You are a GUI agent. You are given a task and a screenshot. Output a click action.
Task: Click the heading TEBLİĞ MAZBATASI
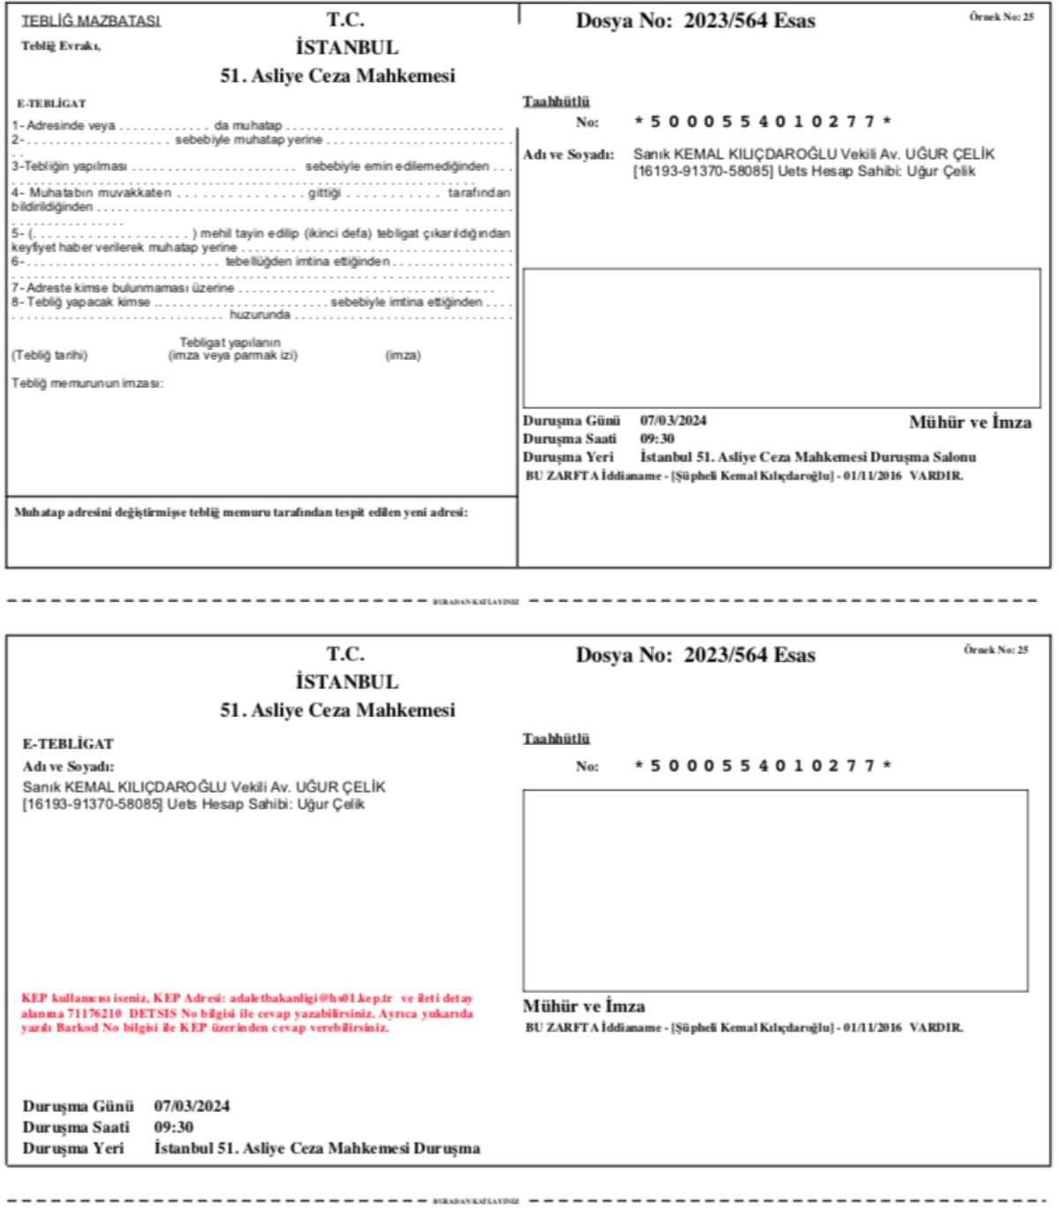[x=91, y=20]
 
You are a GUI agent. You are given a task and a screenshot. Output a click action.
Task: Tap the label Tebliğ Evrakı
[x=61, y=46]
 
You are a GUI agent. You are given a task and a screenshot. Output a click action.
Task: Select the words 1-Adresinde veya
[x=64, y=125]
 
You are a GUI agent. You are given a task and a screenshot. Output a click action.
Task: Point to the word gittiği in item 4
[x=324, y=192]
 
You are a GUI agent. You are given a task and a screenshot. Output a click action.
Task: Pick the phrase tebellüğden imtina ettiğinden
[x=307, y=261]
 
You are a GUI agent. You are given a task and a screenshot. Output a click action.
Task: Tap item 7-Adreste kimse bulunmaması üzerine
[x=123, y=288]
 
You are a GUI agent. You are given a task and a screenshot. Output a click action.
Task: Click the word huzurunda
[x=259, y=314]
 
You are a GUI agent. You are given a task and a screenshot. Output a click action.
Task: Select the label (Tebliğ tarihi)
[x=49, y=355]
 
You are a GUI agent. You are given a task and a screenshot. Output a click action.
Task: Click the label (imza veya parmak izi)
[x=232, y=355]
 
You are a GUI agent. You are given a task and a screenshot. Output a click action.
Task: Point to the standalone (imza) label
[x=402, y=355]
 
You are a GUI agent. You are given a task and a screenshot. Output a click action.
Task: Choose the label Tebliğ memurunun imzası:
[x=87, y=383]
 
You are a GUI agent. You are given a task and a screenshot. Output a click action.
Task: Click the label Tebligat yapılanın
[x=229, y=342]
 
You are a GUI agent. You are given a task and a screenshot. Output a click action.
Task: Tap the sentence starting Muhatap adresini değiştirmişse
[x=241, y=512]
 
